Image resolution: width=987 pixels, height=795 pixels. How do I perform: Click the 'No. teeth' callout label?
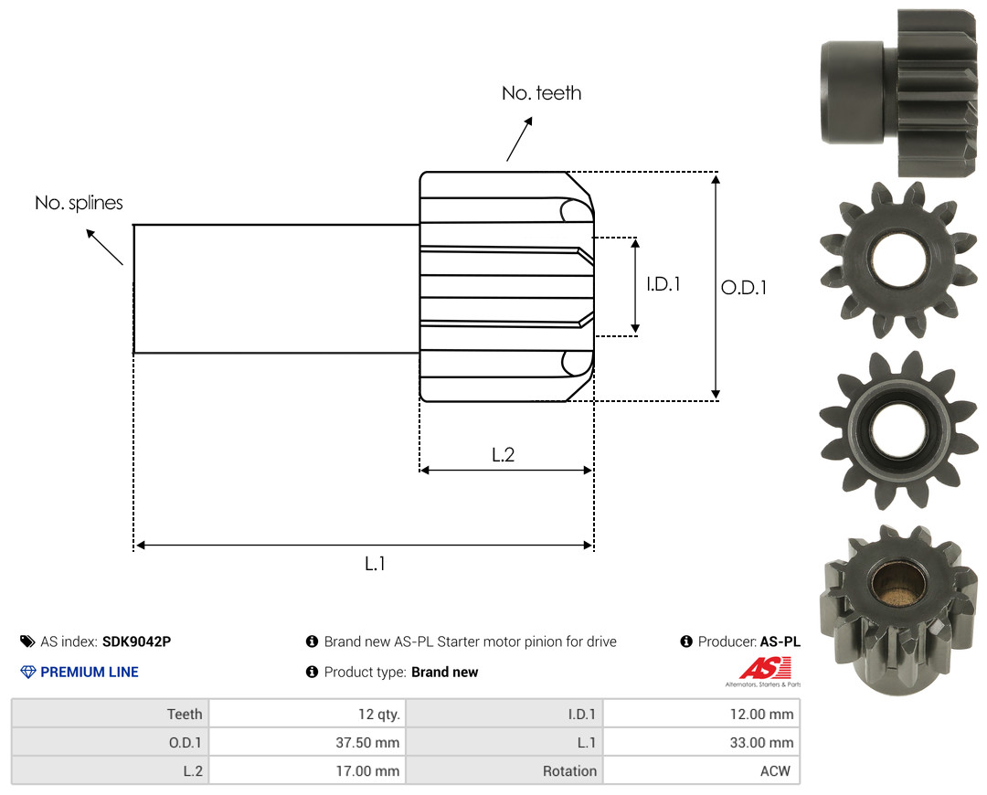tap(541, 93)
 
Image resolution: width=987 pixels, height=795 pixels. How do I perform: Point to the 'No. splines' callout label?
tap(79, 203)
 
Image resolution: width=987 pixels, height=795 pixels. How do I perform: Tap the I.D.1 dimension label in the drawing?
tap(663, 284)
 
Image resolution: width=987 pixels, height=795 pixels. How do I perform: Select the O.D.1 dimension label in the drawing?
tap(744, 288)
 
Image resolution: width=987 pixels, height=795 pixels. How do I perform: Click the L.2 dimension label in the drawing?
tap(503, 454)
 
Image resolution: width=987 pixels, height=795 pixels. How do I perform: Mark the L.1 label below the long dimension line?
tap(376, 564)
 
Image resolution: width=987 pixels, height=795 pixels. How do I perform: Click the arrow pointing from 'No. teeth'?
tap(519, 139)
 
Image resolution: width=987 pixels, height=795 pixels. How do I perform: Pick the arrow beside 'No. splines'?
tap(104, 248)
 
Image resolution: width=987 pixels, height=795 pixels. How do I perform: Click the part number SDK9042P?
tap(136, 641)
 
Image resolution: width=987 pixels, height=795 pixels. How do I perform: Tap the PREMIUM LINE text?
tap(90, 673)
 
